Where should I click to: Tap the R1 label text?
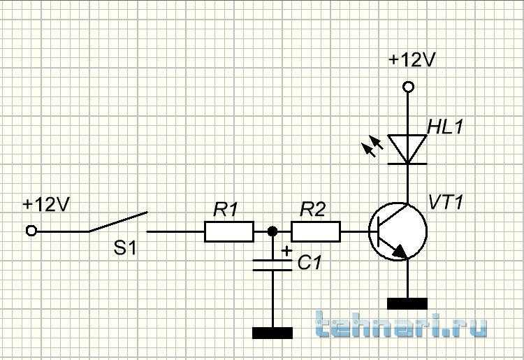coord(226,210)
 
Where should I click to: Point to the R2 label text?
coord(312,209)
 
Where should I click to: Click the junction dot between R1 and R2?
coord(272,231)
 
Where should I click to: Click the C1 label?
coord(309,263)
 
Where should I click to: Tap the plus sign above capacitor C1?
coord(286,250)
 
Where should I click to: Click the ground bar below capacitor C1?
coord(272,333)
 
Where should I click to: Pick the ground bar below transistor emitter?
coord(407,304)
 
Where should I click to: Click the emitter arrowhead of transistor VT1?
coord(400,252)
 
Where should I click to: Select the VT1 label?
coord(446,202)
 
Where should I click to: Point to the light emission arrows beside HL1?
coord(372,146)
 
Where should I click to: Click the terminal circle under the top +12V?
coord(408,87)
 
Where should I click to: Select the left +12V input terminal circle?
coord(31,231)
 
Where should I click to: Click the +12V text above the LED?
coord(412,60)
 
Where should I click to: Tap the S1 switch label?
coord(125,248)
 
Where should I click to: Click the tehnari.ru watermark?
coord(401,324)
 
